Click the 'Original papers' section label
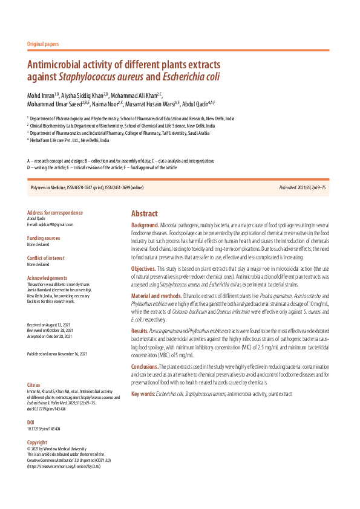pos(44,45)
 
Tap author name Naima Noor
pos(109,104)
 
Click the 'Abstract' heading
pos(145,214)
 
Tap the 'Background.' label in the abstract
pos(145,225)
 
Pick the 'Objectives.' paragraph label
pos(144,268)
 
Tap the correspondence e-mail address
pos(51,224)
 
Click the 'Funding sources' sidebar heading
pos(44,238)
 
